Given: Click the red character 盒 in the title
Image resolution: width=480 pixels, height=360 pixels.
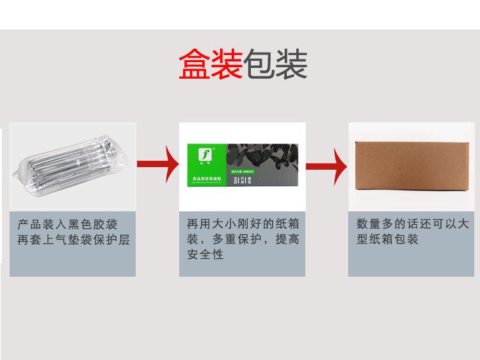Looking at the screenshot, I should point(195,64).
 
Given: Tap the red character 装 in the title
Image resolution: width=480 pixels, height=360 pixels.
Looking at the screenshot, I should point(227,64).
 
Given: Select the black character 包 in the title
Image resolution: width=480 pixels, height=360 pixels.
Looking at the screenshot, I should point(259,64).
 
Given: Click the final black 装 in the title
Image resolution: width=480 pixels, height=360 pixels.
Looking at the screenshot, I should point(292,64).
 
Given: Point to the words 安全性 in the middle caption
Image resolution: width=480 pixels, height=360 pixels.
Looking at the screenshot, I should point(205,255).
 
